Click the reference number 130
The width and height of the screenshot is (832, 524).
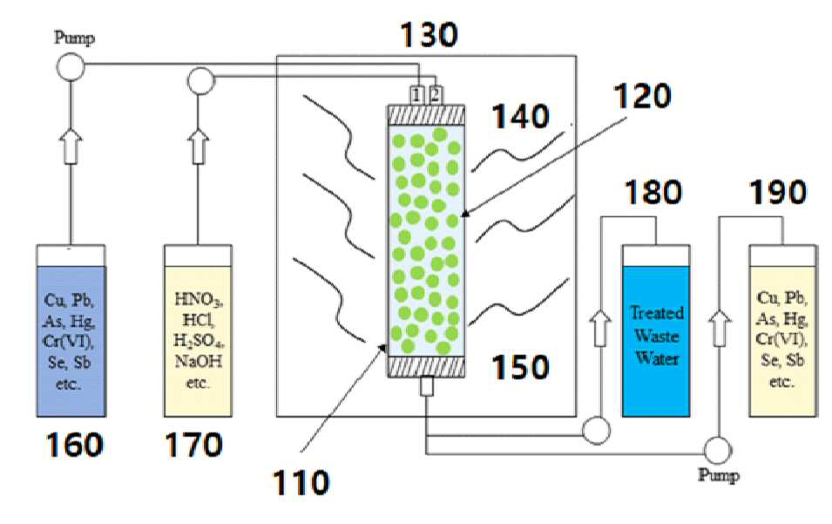click(429, 35)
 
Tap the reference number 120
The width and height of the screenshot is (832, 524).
click(643, 96)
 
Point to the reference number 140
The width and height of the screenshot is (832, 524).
click(520, 116)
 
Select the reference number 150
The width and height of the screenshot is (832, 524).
click(520, 367)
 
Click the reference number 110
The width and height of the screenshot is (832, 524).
click(301, 483)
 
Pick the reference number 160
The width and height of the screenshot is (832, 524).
click(74, 445)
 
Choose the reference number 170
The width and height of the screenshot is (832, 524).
click(193, 445)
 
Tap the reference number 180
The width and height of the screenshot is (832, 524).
click(653, 192)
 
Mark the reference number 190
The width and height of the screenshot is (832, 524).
click(778, 192)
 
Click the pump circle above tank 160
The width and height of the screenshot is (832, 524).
click(71, 67)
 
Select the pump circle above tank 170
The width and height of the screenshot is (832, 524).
click(200, 82)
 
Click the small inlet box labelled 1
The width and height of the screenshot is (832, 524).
click(417, 95)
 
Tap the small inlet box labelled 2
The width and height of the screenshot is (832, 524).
click(435, 95)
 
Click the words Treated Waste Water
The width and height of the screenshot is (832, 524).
click(656, 336)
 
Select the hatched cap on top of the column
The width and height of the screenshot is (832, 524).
click(427, 115)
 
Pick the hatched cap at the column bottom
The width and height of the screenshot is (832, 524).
click(427, 366)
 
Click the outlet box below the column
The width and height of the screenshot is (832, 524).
click(427, 386)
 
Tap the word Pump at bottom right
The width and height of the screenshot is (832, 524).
click(719, 474)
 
